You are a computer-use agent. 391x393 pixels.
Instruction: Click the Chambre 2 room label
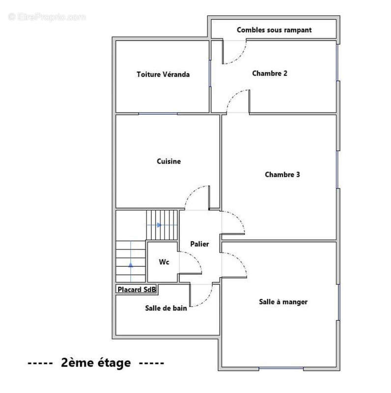pyautogui.click(x=270, y=73)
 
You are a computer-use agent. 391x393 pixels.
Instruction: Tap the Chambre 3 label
pyautogui.click(x=282, y=174)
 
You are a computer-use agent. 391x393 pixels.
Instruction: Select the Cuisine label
pyautogui.click(x=168, y=161)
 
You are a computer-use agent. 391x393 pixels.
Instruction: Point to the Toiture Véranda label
pyautogui.click(x=163, y=75)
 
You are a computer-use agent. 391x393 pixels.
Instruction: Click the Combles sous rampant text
pyautogui.click(x=274, y=30)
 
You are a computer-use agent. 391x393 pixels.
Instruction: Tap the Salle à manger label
pyautogui.click(x=283, y=302)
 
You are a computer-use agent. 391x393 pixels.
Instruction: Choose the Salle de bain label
pyautogui.click(x=166, y=308)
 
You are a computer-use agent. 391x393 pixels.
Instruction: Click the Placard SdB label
pyautogui.click(x=137, y=290)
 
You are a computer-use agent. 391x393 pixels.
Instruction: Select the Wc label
pyautogui.click(x=164, y=262)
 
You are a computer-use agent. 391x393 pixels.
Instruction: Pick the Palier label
pyautogui.click(x=199, y=244)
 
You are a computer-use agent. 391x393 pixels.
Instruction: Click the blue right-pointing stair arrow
pyautogui.click(x=159, y=225)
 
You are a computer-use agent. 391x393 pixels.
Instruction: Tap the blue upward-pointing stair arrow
pyautogui.click(x=131, y=264)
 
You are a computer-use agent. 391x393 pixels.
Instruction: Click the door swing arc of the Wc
pyautogui.click(x=195, y=258)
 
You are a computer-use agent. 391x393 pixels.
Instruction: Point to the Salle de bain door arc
pyautogui.click(x=207, y=300)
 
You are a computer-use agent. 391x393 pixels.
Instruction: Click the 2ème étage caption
pyautogui.click(x=96, y=363)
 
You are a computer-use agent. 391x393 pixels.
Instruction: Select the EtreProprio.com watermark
pyautogui.click(x=47, y=17)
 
